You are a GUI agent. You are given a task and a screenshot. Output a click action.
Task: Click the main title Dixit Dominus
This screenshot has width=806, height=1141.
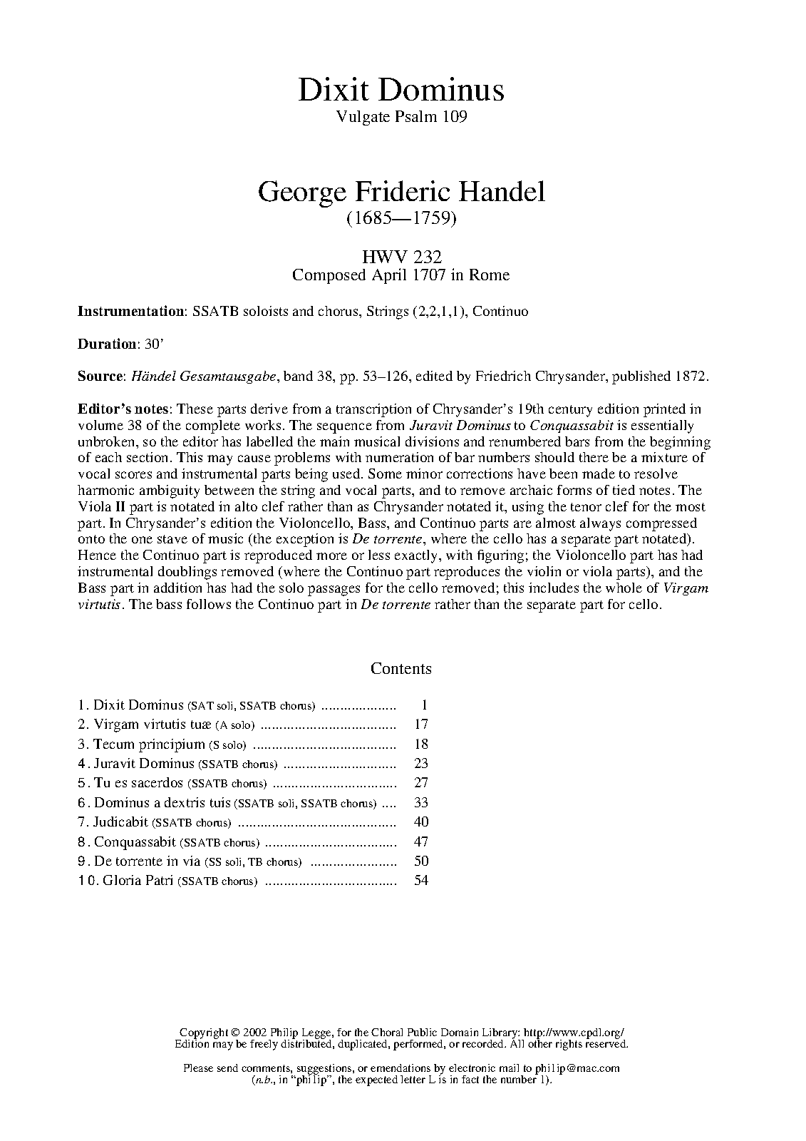point(401,91)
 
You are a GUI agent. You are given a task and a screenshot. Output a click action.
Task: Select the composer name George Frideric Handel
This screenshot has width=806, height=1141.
point(401,192)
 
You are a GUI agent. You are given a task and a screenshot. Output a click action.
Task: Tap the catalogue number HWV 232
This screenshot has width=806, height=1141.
point(401,257)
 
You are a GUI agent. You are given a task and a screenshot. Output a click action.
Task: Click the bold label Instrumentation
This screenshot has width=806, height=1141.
point(130,312)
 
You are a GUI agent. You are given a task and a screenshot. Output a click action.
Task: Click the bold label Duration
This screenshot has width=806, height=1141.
point(106,344)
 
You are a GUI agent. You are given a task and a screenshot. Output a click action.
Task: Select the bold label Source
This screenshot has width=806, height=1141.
point(100,376)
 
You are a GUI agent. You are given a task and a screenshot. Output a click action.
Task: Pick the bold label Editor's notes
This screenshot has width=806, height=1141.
point(124,409)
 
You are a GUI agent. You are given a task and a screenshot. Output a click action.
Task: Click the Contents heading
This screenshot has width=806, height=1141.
point(401,668)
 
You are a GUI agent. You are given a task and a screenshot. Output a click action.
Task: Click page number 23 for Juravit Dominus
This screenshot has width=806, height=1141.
point(420,764)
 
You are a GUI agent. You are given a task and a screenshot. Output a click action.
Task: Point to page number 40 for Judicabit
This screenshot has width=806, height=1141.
point(420,822)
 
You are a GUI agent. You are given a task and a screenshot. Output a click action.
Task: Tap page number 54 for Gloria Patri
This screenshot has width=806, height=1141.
point(420,880)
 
